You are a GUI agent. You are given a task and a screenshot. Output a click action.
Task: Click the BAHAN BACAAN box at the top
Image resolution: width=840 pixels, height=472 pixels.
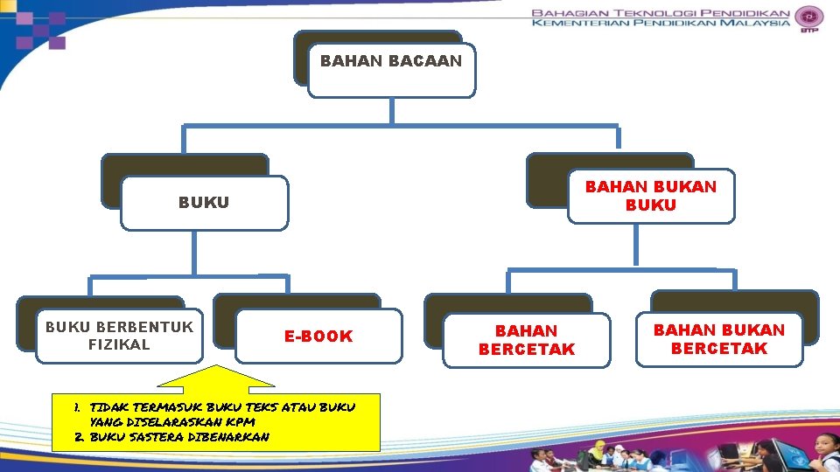(391, 68)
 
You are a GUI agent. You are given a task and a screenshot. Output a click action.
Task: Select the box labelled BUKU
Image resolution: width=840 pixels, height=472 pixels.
(204, 203)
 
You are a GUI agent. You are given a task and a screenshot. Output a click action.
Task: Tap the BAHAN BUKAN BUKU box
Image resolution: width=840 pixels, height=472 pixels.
(650, 196)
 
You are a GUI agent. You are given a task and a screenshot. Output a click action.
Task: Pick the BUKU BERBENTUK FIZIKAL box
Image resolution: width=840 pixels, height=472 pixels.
(119, 336)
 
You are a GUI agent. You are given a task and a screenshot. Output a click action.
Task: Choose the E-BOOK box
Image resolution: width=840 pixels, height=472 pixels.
(318, 336)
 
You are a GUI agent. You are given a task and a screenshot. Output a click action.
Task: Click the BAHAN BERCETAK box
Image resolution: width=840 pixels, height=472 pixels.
(526, 340)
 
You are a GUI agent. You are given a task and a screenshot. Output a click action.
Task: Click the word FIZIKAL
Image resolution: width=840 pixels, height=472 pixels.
(119, 344)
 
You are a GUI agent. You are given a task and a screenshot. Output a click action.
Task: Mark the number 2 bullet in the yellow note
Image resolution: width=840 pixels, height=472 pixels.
(79, 436)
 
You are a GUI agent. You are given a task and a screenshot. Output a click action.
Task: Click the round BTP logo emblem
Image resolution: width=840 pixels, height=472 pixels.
(810, 17)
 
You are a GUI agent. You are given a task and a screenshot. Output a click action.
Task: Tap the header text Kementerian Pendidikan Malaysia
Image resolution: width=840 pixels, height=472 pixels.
(661, 25)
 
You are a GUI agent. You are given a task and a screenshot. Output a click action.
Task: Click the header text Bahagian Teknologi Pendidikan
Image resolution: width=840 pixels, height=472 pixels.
(661, 13)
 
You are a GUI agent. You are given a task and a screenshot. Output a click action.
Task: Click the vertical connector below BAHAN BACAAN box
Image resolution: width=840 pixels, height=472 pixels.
(391, 110)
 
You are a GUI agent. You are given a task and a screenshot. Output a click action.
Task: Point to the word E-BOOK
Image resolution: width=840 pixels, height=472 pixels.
(318, 336)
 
